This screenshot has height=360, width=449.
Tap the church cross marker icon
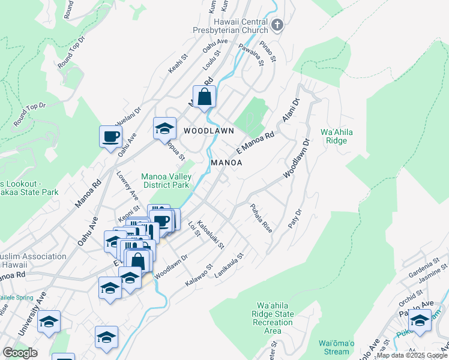point(277,25)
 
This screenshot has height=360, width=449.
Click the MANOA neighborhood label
point(226,163)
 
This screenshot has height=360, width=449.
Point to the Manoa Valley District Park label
point(166,181)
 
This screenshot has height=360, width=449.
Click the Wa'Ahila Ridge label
point(334,136)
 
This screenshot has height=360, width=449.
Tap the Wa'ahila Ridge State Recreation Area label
point(275,318)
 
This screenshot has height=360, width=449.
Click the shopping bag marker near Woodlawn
point(205,96)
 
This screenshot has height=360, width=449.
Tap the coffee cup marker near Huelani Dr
point(110,136)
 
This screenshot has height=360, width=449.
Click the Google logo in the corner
point(20,353)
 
